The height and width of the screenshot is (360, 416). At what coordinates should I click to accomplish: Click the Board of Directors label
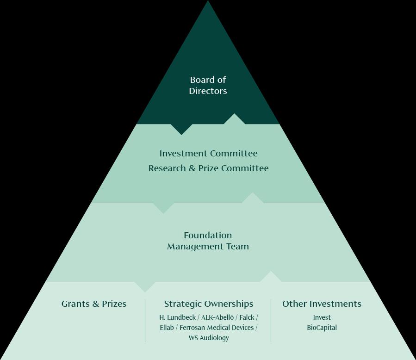(x=208, y=86)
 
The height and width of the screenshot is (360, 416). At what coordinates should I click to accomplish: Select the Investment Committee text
(x=208, y=153)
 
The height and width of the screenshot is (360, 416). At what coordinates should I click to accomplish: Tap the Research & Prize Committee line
(x=208, y=168)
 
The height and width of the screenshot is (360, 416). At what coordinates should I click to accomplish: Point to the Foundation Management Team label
(x=208, y=241)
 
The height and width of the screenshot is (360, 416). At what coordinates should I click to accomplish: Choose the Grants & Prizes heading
(x=94, y=304)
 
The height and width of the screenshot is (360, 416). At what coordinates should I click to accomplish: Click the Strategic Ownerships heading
(x=208, y=304)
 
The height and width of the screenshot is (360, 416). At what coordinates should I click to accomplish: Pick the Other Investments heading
(x=322, y=304)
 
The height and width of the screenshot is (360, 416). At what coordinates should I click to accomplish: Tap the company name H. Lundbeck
(x=177, y=317)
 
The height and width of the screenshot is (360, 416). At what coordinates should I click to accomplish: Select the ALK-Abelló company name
(x=217, y=317)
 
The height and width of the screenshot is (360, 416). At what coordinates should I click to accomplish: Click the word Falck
(x=247, y=317)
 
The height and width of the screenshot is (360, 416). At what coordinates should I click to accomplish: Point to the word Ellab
(x=167, y=328)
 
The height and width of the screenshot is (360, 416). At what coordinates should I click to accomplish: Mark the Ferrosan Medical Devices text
(x=217, y=328)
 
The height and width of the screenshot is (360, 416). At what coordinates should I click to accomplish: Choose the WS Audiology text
(x=208, y=338)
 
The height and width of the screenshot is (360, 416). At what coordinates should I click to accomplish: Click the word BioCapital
(x=322, y=328)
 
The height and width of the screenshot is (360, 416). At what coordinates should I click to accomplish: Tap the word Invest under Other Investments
(x=322, y=317)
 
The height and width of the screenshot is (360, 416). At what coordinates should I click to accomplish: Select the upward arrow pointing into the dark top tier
(x=234, y=119)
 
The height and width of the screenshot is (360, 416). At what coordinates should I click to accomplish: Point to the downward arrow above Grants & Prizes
(x=145, y=286)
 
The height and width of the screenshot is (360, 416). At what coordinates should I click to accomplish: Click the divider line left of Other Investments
(x=271, y=321)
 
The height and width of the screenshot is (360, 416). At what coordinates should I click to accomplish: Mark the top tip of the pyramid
(x=208, y=2)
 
